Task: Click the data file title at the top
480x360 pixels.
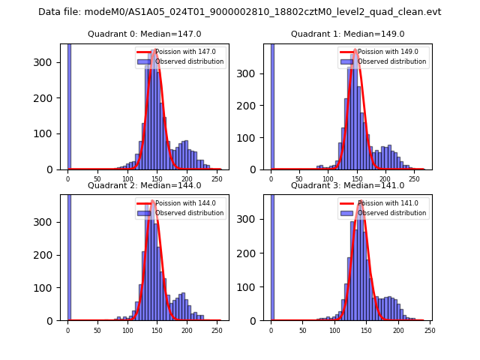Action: [239, 12]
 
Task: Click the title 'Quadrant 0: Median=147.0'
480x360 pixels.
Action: [145, 34]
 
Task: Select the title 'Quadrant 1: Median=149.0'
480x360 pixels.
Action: [347, 34]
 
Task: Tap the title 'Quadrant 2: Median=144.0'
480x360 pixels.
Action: [145, 185]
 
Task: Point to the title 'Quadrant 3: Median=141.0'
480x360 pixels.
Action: [347, 185]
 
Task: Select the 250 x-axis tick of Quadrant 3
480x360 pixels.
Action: [429, 330]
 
